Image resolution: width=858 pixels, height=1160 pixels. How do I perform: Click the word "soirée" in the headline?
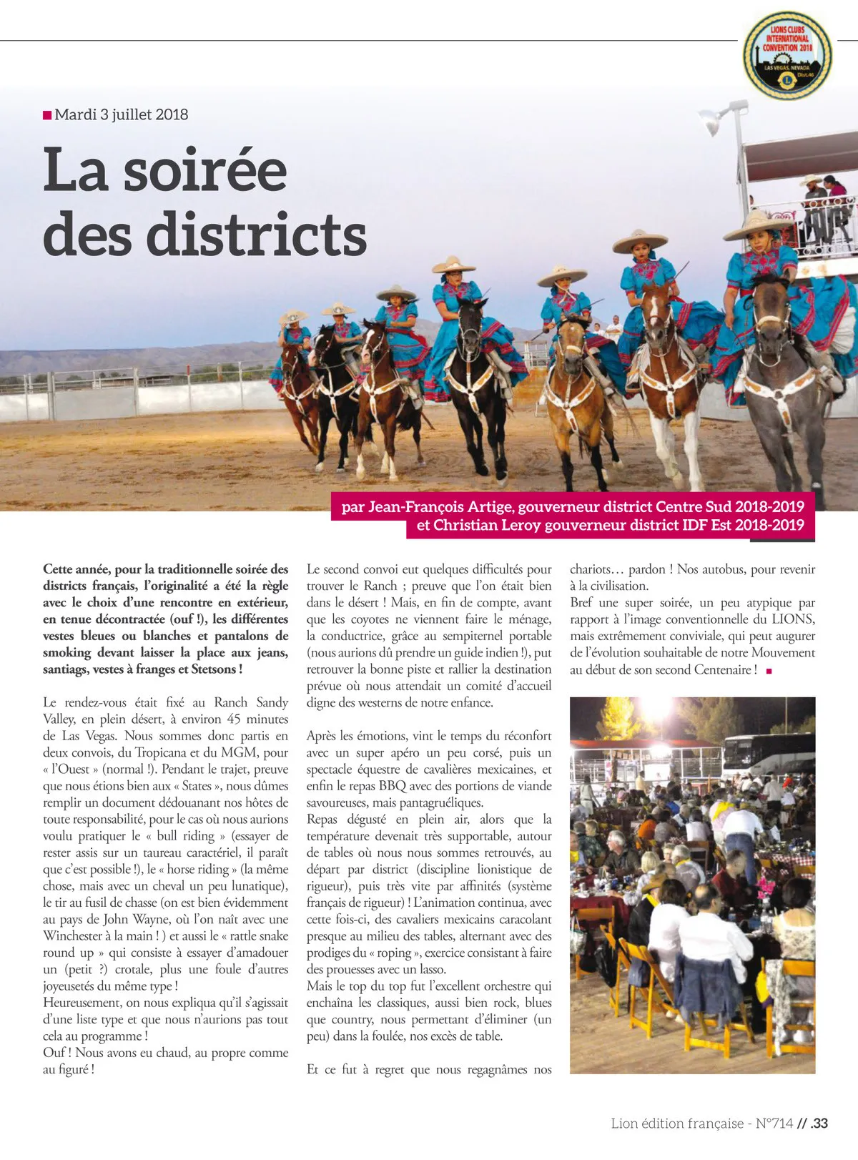[205, 170]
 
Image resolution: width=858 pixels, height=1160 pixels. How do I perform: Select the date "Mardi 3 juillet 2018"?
[121, 114]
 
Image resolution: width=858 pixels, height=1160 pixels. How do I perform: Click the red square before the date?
[47, 114]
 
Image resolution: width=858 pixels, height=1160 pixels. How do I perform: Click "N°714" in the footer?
[774, 1123]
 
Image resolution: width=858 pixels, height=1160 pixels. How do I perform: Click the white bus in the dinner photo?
[769, 755]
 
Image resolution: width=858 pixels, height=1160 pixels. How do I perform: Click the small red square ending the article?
[769, 671]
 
